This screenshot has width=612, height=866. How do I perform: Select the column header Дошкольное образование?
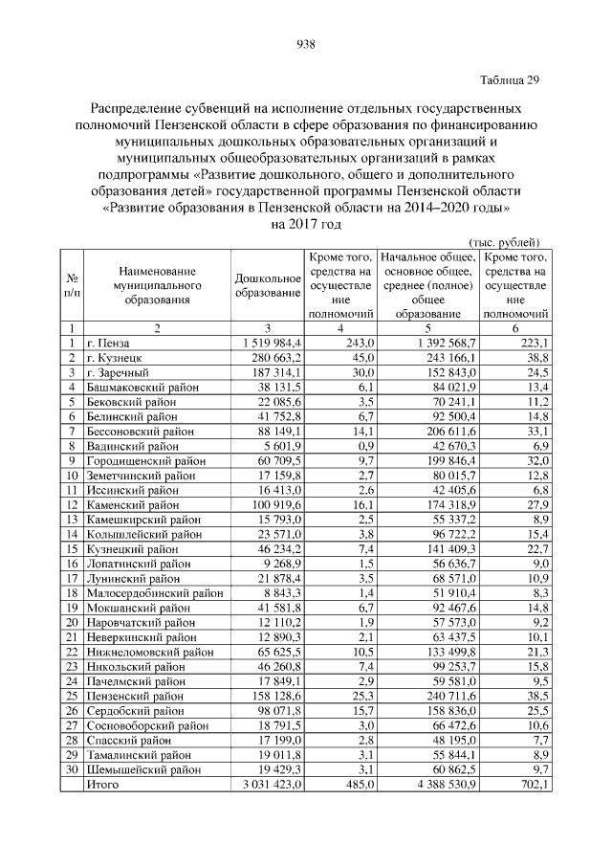[268, 284]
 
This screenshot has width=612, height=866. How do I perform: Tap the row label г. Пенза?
[107, 343]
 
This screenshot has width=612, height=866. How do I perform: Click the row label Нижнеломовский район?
[148, 651]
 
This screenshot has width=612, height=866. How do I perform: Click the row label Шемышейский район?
[142, 768]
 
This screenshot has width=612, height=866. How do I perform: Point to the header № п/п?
[72, 284]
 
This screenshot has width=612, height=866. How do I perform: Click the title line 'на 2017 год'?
[306, 224]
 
